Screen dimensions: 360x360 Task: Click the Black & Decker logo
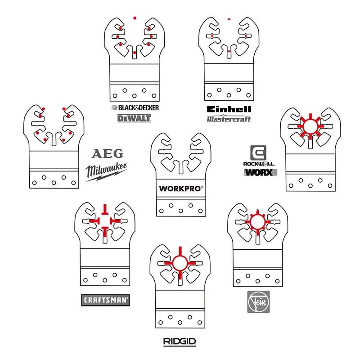tap(135, 108)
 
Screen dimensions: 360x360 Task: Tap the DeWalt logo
tap(134, 118)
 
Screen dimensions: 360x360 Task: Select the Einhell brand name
tap(229, 109)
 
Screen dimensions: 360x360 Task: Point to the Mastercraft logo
tap(229, 119)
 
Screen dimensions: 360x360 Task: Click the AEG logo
tap(107, 153)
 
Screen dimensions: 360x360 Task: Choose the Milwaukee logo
tap(106, 172)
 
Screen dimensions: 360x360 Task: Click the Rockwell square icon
tap(258, 153)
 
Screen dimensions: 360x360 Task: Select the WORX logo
tap(261, 172)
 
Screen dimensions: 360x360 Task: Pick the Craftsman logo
tap(105, 300)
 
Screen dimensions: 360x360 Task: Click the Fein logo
tap(258, 301)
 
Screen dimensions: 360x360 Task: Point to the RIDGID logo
tap(180, 342)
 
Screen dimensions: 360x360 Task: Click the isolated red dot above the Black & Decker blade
tap(135, 18)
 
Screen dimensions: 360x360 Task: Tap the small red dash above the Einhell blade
tap(229, 19)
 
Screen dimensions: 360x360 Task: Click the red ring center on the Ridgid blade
tap(180, 263)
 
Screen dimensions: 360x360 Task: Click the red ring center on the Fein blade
tap(257, 222)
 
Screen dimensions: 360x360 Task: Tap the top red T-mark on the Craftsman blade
tap(105, 209)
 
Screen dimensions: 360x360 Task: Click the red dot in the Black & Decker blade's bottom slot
tap(135, 53)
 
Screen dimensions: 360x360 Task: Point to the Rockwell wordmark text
tap(259, 164)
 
